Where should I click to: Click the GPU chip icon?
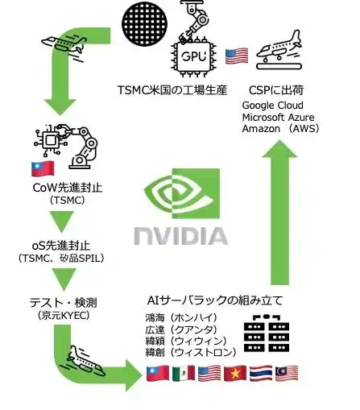(x=194, y=56)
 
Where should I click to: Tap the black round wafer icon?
(x=145, y=24)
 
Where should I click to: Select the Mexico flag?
(x=184, y=373)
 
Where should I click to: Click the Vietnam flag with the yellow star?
(x=235, y=373)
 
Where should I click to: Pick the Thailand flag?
(x=261, y=373)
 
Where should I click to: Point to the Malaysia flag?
(x=287, y=373)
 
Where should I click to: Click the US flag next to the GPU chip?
(x=237, y=56)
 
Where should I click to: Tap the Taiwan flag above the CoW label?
(x=43, y=168)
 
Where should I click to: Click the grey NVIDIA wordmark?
(x=181, y=236)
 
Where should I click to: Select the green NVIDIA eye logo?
(x=182, y=193)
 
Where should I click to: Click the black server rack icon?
(x=267, y=333)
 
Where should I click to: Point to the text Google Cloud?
(x=272, y=106)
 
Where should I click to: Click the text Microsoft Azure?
(x=278, y=118)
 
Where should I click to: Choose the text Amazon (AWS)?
(x=280, y=129)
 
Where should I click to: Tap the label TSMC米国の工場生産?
(x=172, y=90)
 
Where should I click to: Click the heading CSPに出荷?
(x=276, y=90)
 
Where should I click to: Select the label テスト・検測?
(x=64, y=303)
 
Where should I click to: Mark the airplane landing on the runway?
(x=279, y=50)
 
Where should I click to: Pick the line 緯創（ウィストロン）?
(x=191, y=352)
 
